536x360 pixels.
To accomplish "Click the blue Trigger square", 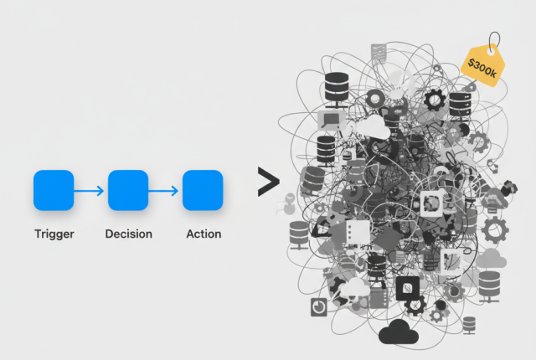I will (54, 190).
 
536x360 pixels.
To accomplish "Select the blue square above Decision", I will (128, 190).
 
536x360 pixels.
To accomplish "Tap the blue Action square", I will (203, 190).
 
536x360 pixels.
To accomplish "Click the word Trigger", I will (54, 234).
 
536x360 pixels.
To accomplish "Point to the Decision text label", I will (128, 234).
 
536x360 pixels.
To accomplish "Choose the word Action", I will (203, 234).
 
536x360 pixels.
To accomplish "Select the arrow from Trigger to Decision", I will (90, 191).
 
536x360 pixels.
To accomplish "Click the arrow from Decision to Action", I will (165, 191).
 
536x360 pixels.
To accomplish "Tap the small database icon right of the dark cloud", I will (468, 324).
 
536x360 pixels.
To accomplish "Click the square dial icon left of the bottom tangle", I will (318, 306).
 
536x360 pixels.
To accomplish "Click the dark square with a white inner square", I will (407, 288).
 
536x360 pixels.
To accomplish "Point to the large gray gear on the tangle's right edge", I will (495, 228).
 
